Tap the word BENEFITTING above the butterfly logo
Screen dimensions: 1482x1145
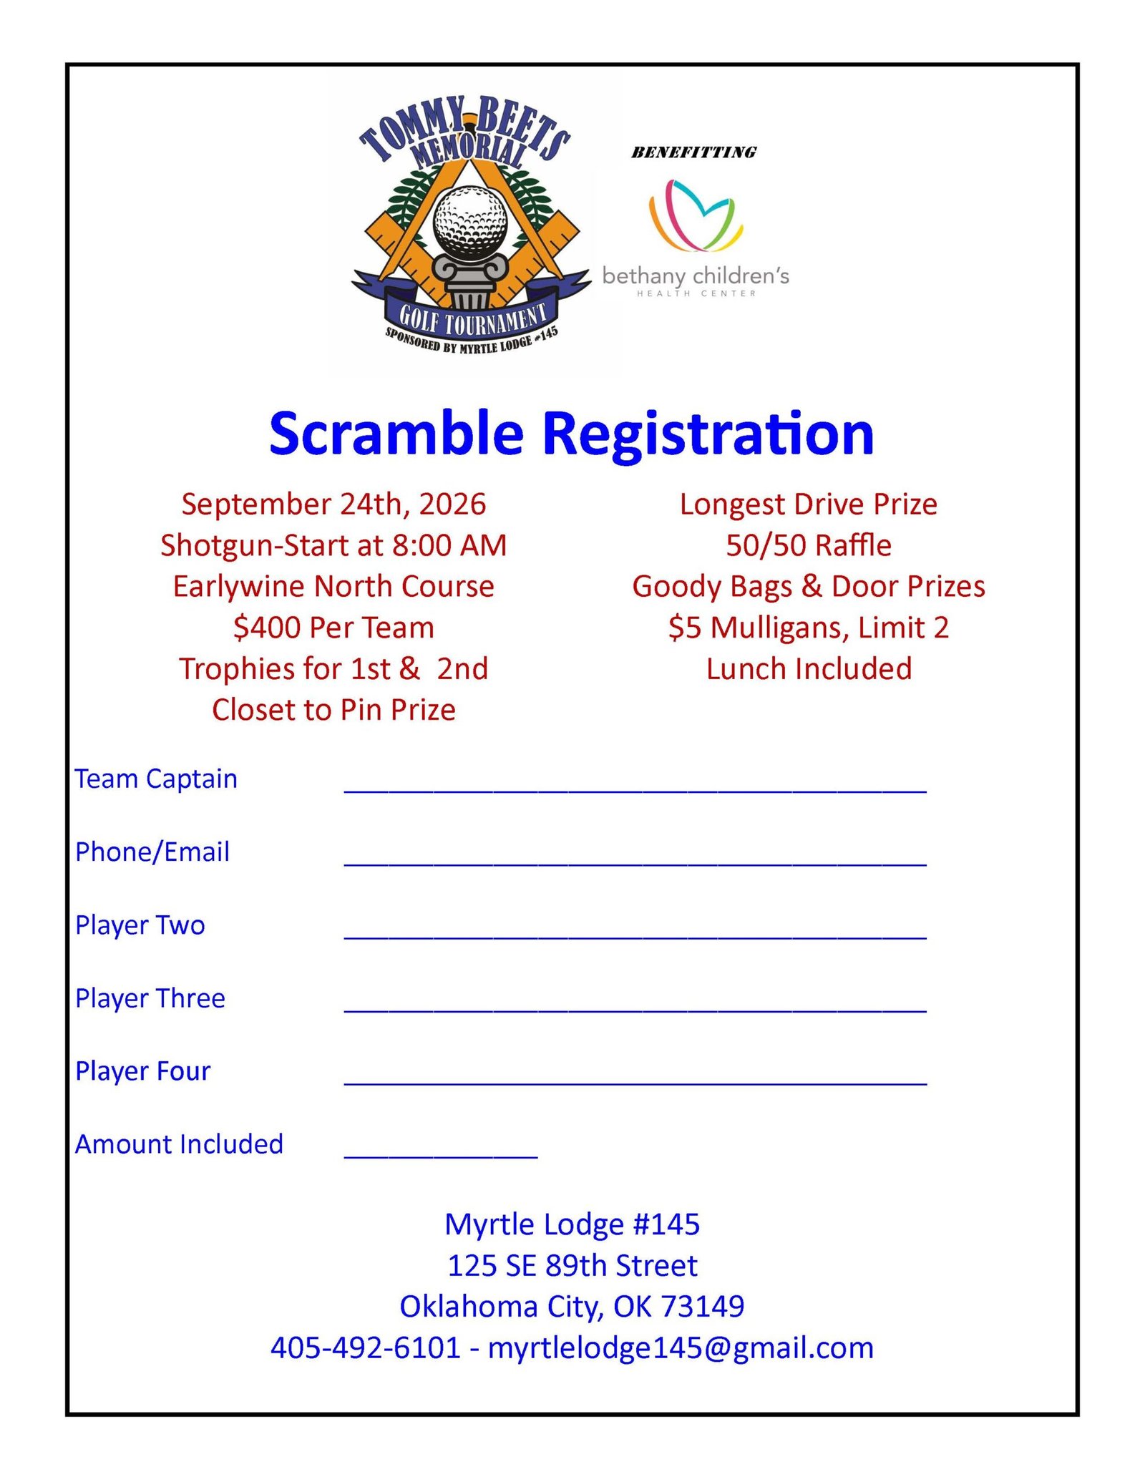pyautogui.click(x=693, y=152)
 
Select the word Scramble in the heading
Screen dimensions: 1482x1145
pyautogui.click(x=396, y=434)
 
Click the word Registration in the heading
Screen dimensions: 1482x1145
pyautogui.click(x=708, y=434)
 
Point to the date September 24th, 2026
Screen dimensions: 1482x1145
pyautogui.click(x=333, y=504)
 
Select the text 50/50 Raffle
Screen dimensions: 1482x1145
pyautogui.click(x=808, y=546)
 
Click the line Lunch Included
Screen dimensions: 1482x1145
pyautogui.click(x=809, y=669)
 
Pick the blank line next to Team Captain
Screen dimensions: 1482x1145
pyautogui.click(x=635, y=787)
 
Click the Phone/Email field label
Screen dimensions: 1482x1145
pyautogui.click(x=152, y=852)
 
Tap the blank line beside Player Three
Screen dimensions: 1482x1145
pyautogui.click(x=635, y=1007)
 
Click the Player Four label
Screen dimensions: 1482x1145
pyautogui.click(x=143, y=1071)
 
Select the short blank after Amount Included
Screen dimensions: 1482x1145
pyautogui.click(x=440, y=1153)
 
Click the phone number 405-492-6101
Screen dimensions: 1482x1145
pyautogui.click(x=365, y=1348)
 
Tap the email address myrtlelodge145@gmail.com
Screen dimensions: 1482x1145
pyautogui.click(x=681, y=1348)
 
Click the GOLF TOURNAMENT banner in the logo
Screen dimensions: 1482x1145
pyautogui.click(x=472, y=318)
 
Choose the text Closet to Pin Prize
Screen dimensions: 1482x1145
pyautogui.click(x=333, y=710)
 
